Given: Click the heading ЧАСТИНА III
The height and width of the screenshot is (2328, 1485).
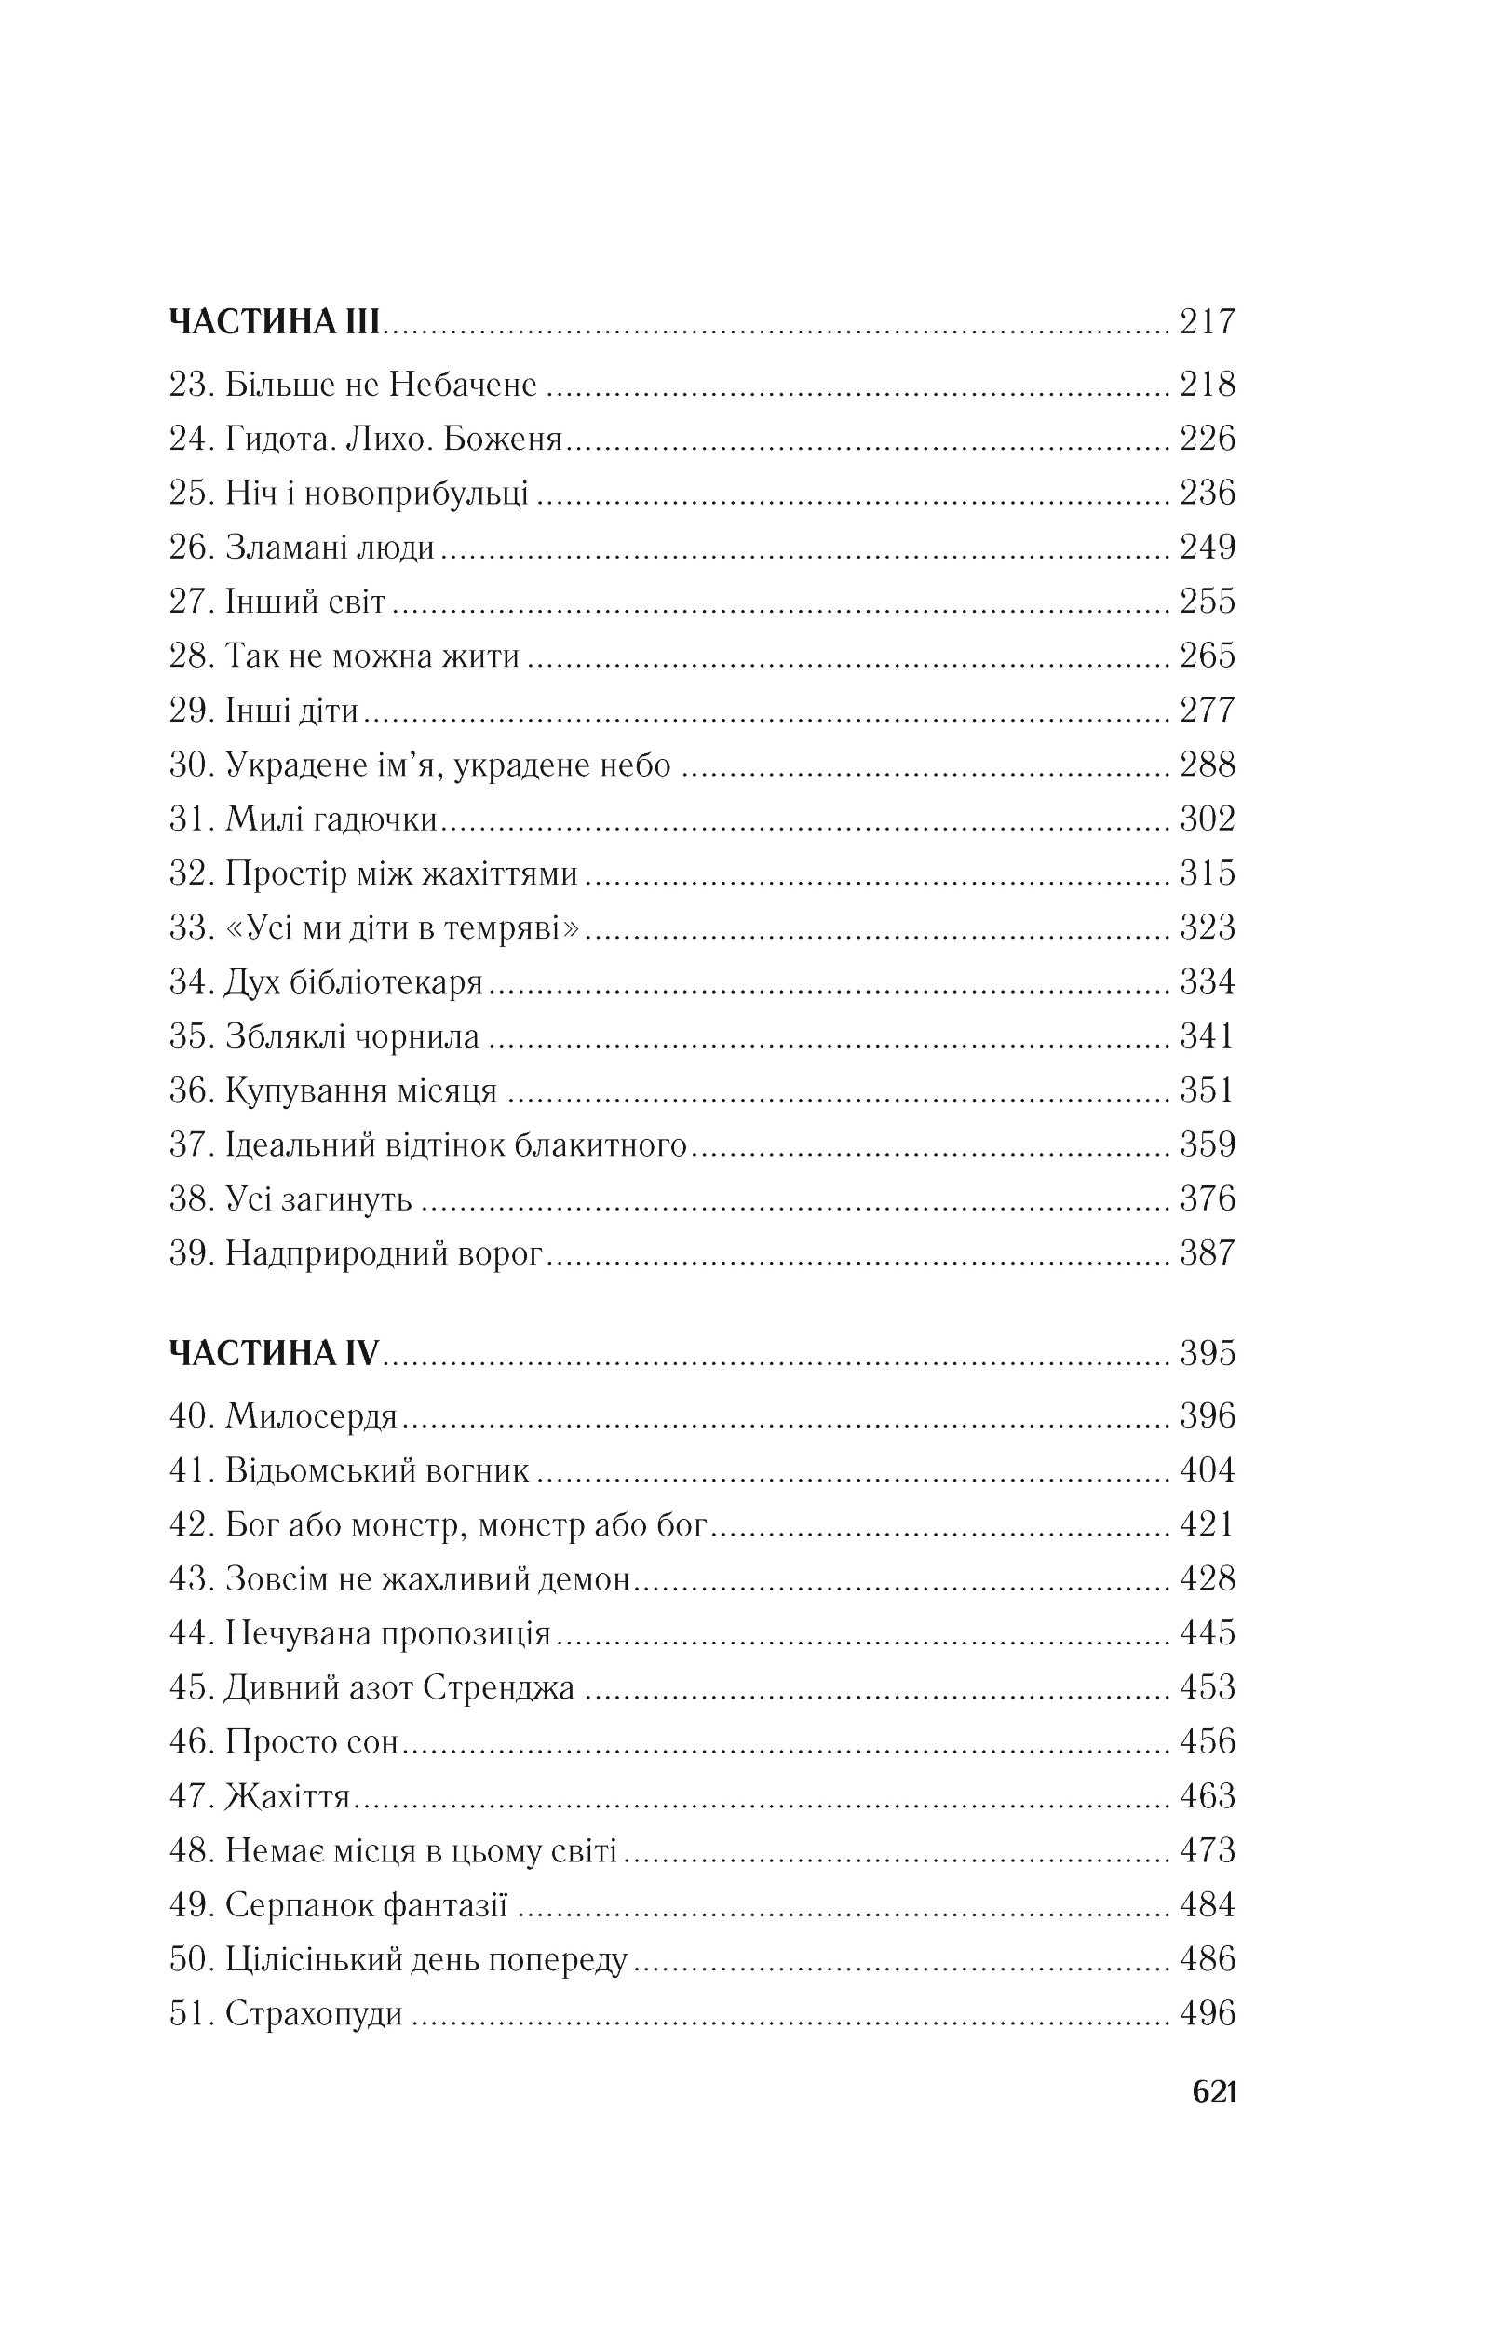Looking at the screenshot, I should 275,322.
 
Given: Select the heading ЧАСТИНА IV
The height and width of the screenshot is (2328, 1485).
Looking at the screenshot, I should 275,1352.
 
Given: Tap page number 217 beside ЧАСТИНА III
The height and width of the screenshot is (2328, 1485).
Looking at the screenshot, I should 1207,322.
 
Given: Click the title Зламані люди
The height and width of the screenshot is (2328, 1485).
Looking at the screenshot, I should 330,548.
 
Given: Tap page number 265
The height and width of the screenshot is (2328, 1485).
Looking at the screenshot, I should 1207,656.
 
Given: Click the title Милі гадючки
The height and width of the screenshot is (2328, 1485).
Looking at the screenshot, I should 331,819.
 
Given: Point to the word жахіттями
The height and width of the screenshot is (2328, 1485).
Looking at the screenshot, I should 500,874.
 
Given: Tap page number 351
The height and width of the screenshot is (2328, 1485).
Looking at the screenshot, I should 1207,1090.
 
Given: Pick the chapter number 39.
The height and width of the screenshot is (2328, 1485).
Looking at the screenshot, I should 191,1254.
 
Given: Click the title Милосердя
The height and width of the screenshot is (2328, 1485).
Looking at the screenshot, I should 311,1416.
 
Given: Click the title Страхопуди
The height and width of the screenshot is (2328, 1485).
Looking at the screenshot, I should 313,2014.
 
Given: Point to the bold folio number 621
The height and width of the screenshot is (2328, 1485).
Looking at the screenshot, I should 1214,2092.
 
